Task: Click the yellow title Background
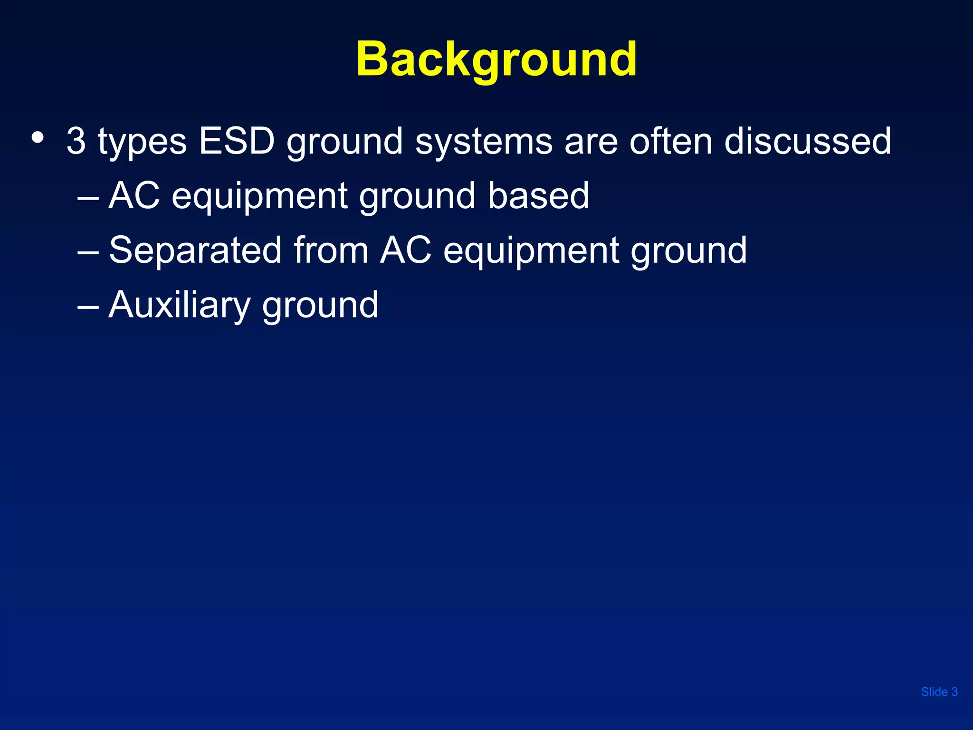tap(496, 59)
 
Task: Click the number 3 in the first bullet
tap(76, 141)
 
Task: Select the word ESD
tap(237, 141)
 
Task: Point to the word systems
tap(484, 142)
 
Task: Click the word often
tap(671, 141)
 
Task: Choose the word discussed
tap(807, 141)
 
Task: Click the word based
tap(538, 196)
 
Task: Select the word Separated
tap(195, 250)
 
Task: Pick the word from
tap(331, 250)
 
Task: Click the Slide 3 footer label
tap(939, 692)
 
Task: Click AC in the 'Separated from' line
tap(405, 250)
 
